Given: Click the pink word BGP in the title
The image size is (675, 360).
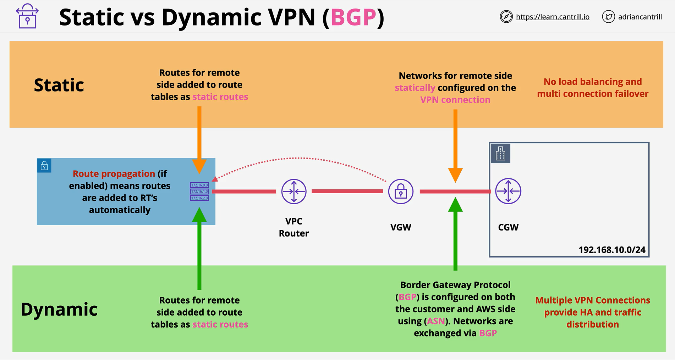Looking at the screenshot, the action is (353, 17).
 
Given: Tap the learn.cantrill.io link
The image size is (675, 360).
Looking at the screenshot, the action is (553, 17).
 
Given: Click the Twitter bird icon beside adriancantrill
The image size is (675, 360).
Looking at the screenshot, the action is (608, 17).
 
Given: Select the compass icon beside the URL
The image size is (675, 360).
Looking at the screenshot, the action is (506, 17).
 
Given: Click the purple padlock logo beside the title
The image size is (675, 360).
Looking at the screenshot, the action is (27, 16).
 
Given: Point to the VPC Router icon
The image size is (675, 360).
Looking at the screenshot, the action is (294, 192).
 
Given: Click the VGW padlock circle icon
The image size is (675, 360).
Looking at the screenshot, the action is (401, 192).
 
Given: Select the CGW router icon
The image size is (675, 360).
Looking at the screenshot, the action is (508, 191).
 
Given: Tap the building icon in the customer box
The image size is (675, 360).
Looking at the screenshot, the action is (500, 153).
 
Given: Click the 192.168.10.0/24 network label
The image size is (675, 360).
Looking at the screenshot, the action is (612, 250).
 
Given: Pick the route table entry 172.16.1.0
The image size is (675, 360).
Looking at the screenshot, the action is (199, 192).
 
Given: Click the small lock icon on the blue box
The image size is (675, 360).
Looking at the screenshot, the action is (44, 166).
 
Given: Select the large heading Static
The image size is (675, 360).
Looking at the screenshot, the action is (59, 85).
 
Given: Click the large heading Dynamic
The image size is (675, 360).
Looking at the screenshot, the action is (59, 309).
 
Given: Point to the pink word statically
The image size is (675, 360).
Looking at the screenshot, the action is (415, 88).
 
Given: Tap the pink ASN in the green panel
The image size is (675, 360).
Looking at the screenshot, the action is (435, 321).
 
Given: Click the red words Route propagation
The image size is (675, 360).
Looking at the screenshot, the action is (114, 174).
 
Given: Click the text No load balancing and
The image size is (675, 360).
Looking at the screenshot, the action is (593, 82).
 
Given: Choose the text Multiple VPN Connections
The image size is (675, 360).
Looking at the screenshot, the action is (593, 300).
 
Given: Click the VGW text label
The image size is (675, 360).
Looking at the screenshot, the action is (401, 227).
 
